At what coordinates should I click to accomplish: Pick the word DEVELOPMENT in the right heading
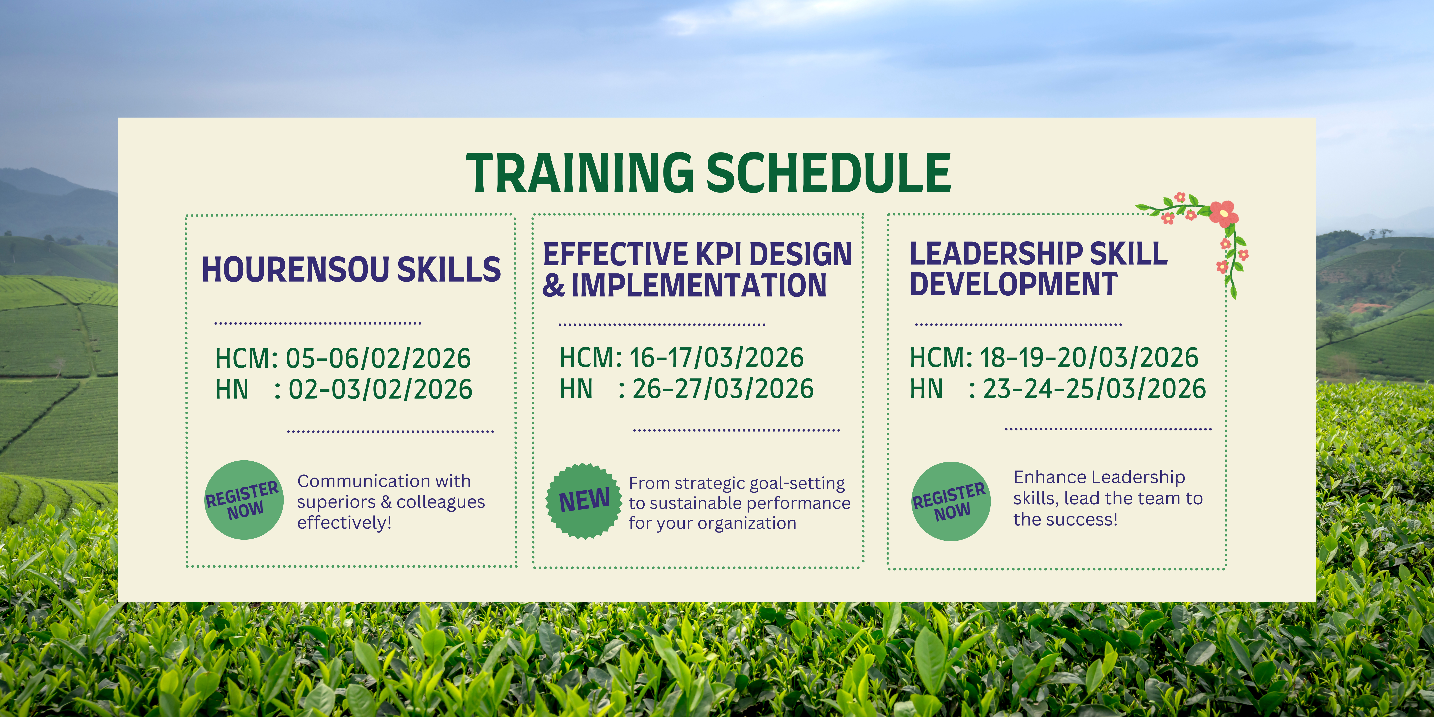tap(1014, 284)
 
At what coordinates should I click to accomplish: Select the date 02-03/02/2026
tap(380, 389)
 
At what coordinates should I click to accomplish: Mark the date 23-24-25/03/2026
tap(1094, 389)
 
